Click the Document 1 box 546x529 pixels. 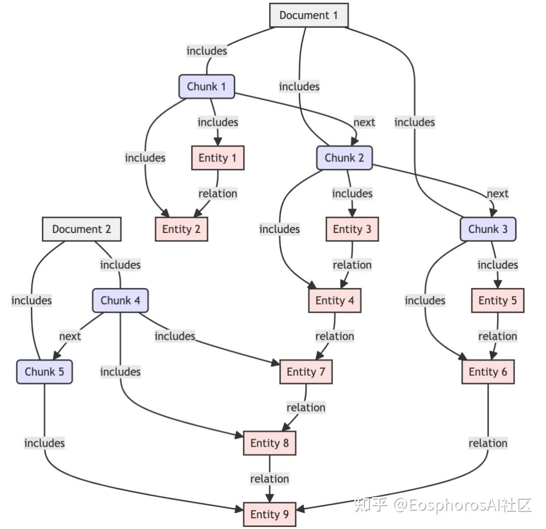tap(308, 15)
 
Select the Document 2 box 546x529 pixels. tap(81, 229)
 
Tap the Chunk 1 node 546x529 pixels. tap(206, 86)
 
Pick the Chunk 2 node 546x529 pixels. tap(344, 158)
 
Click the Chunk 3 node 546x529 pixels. tap(488, 229)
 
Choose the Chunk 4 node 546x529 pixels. tap(120, 301)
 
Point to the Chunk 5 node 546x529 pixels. tap(44, 372)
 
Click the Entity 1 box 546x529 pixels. tap(217, 158)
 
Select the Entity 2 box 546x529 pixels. tap(181, 229)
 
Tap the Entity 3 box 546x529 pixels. tap(352, 229)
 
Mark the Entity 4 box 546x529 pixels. tap(335, 301)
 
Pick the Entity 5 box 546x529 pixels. tap(497, 301)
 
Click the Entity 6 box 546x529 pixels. tap(488, 372)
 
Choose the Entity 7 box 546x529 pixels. tap(306, 372)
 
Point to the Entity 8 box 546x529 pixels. tap(269, 443)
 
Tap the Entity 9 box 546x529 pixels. tap(269, 514)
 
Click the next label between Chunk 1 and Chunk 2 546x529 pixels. tap(364, 122)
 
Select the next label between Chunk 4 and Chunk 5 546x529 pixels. tap(70, 336)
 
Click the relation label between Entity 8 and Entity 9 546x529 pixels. tap(269, 478)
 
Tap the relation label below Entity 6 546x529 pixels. tap(488, 443)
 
